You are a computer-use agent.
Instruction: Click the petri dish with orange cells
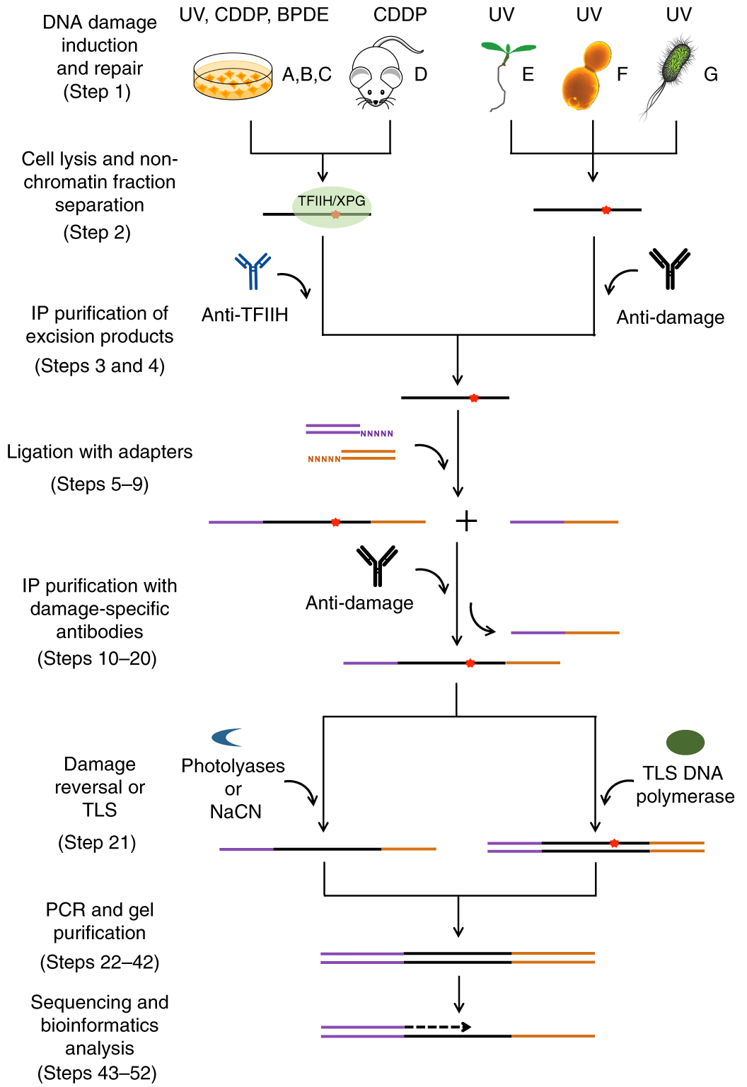click(x=233, y=76)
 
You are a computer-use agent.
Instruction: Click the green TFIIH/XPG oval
click(x=331, y=207)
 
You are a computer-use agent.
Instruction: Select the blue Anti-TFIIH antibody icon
click(x=253, y=271)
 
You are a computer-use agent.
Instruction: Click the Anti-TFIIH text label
click(x=245, y=315)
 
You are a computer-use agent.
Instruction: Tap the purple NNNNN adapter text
click(x=376, y=434)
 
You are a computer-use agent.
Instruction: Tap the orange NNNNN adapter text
click(x=324, y=459)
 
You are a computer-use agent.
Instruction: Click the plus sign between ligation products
click(x=466, y=522)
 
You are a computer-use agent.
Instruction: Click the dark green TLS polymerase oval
click(x=685, y=742)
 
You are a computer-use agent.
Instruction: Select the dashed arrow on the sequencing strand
click(x=437, y=1027)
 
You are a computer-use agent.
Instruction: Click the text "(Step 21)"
click(x=97, y=842)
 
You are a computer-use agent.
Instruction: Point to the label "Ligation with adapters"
click(x=100, y=452)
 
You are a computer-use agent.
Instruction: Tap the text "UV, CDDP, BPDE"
click(x=254, y=15)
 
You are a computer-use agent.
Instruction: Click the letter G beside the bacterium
click(x=710, y=74)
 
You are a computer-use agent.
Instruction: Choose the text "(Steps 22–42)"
click(x=100, y=963)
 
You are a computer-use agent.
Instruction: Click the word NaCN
click(x=236, y=812)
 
